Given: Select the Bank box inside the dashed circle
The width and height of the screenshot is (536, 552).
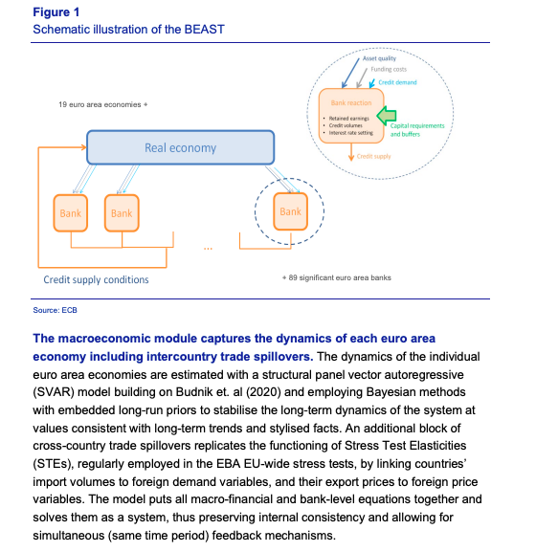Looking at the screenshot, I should coord(290,211).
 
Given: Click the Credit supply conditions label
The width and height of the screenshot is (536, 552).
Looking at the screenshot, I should coord(96,279).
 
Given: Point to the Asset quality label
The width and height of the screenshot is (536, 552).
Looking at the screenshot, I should coord(384,59).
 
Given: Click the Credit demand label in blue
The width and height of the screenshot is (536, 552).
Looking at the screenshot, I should coord(399,83).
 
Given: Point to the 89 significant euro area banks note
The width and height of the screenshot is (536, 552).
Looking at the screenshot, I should coord(338,277).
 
